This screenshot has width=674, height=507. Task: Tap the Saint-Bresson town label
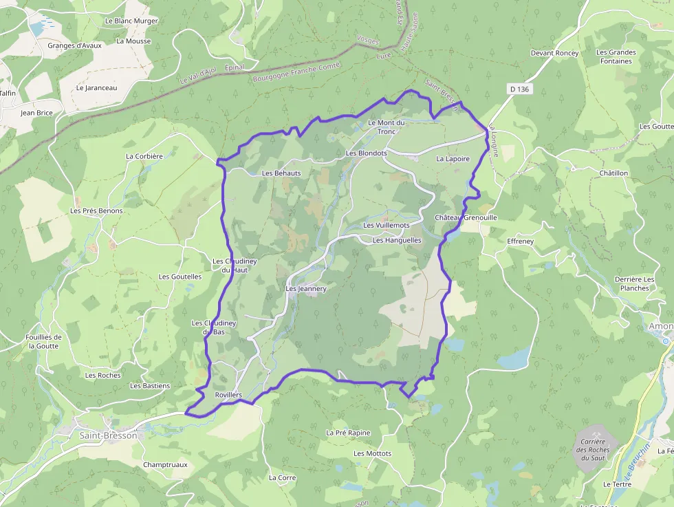coord(109,435)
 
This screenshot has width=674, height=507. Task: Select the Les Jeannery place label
coord(306,289)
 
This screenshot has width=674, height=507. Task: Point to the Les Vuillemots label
coord(387,225)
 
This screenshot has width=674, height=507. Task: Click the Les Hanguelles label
coord(397,240)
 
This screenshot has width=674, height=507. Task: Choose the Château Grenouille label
coord(466,217)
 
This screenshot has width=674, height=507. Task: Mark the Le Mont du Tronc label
coord(387,127)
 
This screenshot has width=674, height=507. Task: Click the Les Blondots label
coord(367,153)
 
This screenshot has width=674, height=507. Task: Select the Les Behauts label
coord(281,173)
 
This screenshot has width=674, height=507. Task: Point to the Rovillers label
coord(229,395)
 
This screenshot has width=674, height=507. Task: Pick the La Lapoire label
coord(453,158)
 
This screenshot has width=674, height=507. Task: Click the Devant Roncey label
coord(555,53)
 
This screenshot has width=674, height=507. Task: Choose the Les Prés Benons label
coord(97,211)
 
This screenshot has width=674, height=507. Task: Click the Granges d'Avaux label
coord(75,45)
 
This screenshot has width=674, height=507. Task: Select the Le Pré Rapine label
coord(348,433)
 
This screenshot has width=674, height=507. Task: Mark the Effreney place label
coord(520,241)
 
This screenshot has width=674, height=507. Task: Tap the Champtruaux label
coord(165,464)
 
